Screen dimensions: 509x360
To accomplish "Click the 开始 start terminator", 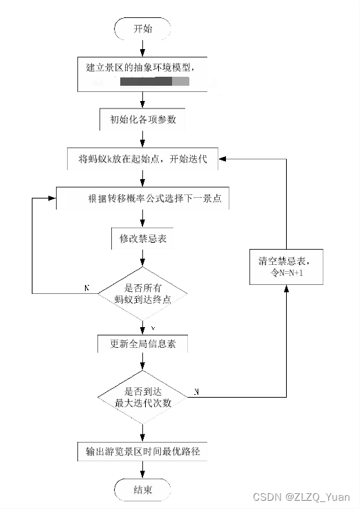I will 142,29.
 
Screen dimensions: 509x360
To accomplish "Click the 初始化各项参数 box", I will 142,118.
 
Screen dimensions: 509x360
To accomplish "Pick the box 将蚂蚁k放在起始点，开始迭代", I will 142,159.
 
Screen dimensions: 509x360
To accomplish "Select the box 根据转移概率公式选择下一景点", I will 142,198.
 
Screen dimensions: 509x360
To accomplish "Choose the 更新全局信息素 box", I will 142,344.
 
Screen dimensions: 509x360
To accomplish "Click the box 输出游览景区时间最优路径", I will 142,452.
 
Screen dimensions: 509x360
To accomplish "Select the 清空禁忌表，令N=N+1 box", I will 286,266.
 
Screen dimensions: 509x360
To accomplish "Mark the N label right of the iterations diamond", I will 197,392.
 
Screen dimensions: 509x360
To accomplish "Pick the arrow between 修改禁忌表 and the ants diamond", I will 142,259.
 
